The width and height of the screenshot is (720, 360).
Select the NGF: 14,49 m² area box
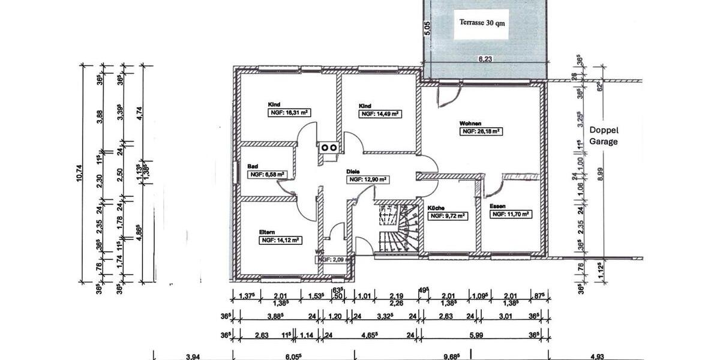380,113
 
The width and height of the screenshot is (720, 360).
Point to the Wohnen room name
471,123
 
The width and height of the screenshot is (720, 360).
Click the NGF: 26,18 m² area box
481,131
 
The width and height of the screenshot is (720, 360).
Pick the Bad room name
253,167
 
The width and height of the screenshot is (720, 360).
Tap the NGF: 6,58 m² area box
266,175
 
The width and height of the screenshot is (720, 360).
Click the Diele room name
353,171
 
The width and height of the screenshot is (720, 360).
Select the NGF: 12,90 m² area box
368,179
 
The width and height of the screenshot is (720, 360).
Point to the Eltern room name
268,232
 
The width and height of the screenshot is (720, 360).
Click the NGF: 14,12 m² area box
280,239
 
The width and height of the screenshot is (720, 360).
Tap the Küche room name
436,208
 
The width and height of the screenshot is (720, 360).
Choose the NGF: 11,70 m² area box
511,214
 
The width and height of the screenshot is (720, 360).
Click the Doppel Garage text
603,136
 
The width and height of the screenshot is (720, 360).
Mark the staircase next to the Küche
398,228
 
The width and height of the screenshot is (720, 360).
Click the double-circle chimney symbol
328,146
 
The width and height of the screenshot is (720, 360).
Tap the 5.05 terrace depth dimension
427,29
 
